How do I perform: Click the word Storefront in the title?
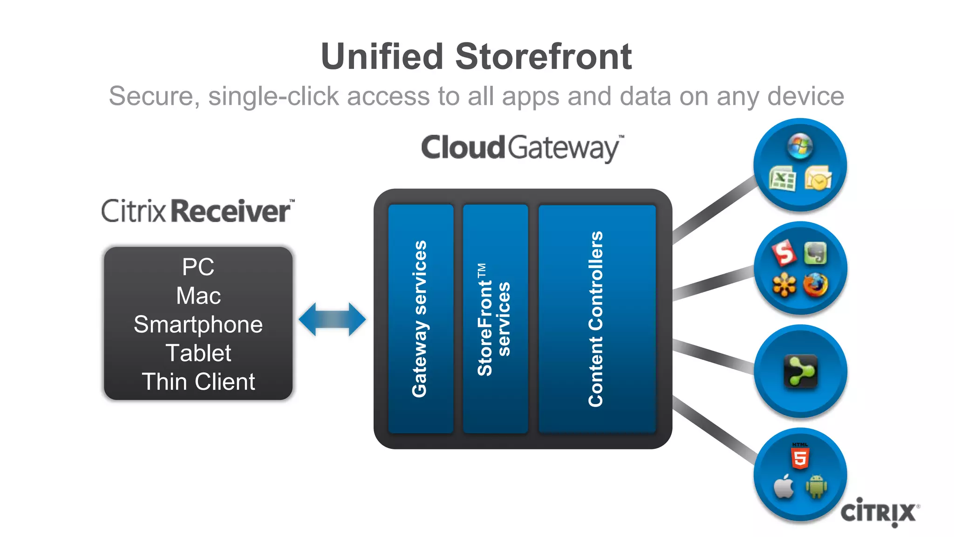(x=543, y=57)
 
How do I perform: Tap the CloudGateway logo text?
(x=522, y=148)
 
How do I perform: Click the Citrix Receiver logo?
(x=198, y=211)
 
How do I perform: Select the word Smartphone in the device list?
(x=198, y=324)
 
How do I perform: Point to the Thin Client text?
(x=198, y=382)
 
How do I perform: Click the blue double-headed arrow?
(x=332, y=319)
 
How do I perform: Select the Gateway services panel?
(x=420, y=319)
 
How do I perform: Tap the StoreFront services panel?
(x=495, y=319)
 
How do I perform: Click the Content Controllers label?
(x=596, y=319)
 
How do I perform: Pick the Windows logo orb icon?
(x=800, y=146)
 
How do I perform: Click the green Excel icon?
(x=782, y=179)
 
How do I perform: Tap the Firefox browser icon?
(x=815, y=285)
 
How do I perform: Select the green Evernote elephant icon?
(x=815, y=254)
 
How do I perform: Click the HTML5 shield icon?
(x=800, y=456)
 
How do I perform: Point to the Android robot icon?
(x=816, y=486)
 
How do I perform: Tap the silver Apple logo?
(x=784, y=487)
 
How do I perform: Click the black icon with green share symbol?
(x=800, y=371)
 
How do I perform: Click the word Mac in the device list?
(x=198, y=296)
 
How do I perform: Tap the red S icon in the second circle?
(x=784, y=253)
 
